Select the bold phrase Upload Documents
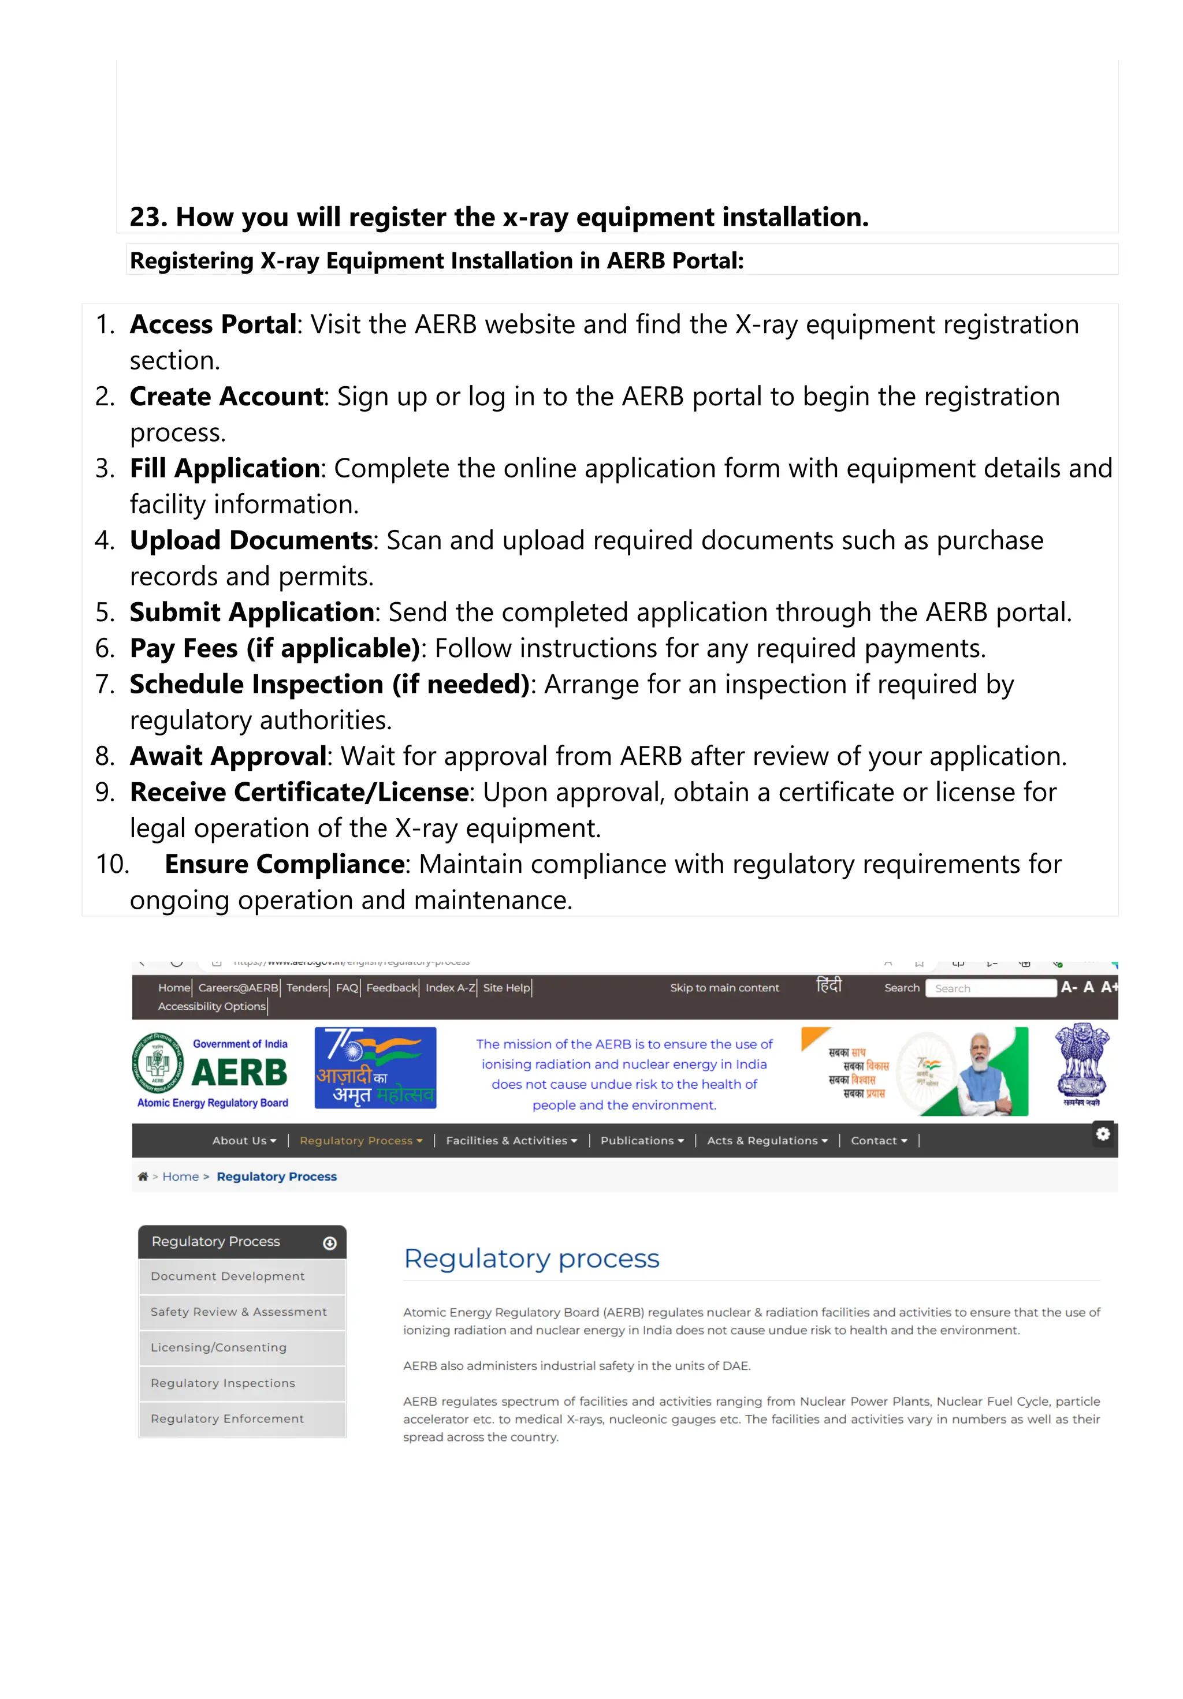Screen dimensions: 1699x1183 [x=251, y=540]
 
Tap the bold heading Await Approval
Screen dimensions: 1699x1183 [x=228, y=756]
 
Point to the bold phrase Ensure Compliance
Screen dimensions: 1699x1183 [x=284, y=864]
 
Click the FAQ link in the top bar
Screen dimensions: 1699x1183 [x=347, y=988]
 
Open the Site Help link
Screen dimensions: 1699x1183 [x=507, y=988]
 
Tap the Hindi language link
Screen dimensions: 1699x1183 [x=828, y=985]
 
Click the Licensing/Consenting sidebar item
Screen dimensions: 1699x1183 [x=218, y=1347]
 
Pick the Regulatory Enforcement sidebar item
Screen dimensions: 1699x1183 [x=227, y=1418]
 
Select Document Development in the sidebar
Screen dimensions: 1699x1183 [x=227, y=1276]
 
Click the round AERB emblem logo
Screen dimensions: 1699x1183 [x=157, y=1064]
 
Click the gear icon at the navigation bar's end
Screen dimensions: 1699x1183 [x=1102, y=1134]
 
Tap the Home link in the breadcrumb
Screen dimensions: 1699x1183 [x=181, y=1177]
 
